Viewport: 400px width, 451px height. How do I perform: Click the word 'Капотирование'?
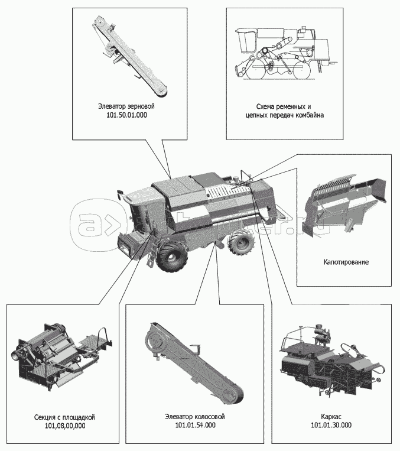click(x=346, y=261)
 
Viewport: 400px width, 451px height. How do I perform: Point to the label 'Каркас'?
click(x=331, y=416)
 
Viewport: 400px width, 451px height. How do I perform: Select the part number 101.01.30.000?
click(x=331, y=426)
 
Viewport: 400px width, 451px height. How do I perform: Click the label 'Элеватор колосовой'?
click(x=196, y=416)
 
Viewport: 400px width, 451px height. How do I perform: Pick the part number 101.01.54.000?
click(x=196, y=426)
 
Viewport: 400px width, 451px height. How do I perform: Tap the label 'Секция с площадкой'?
click(x=65, y=416)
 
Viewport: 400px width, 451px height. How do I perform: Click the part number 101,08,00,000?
click(x=65, y=426)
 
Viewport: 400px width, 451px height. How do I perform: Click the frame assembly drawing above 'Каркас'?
click(x=328, y=361)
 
